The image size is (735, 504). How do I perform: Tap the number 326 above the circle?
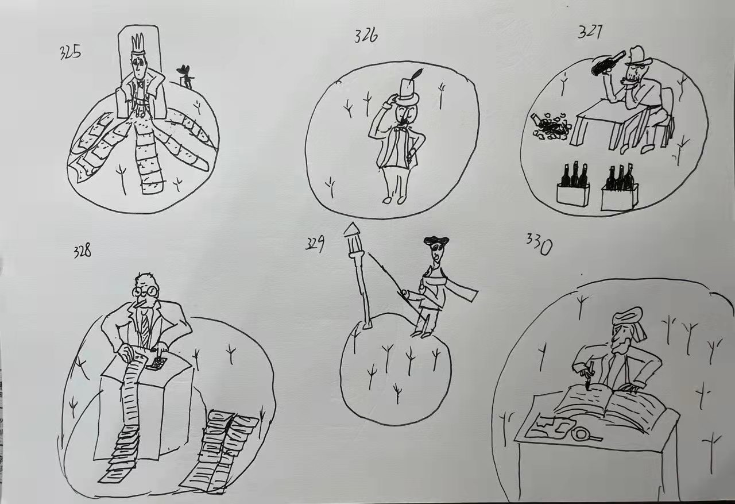[x=366, y=36]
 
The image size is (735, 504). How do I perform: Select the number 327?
[x=590, y=33]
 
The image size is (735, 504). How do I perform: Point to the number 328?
[x=82, y=251]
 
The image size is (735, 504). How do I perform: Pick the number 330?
[x=539, y=244]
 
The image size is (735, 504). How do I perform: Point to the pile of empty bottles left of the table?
[x=551, y=126]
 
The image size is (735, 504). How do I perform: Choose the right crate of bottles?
[x=620, y=188]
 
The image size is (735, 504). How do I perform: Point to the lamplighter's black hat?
[x=436, y=241]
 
